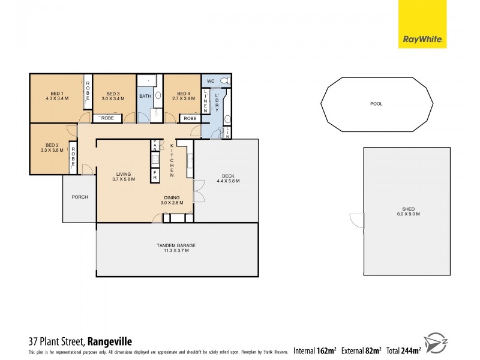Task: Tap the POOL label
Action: pos(376,104)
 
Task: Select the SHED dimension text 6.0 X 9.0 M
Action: pos(407,214)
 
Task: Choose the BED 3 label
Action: pos(113,93)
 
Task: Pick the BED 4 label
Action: pos(184,93)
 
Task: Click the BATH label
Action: pos(145,96)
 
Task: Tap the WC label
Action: pos(211,81)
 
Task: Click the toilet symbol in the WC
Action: pos(224,81)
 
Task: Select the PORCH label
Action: pos(79,197)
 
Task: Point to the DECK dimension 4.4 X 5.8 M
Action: pos(227,180)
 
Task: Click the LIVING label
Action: pos(125,174)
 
